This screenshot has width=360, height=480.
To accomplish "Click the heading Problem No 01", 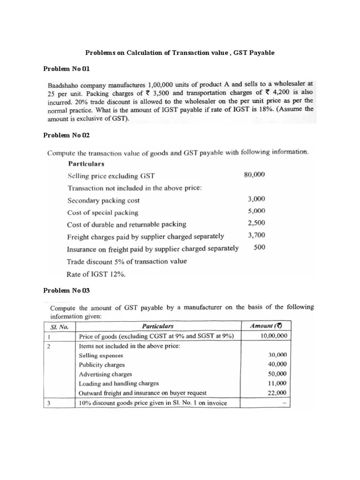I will [66, 69].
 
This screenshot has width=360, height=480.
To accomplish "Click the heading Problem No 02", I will [66, 135].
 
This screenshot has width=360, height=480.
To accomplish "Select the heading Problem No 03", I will [66, 290].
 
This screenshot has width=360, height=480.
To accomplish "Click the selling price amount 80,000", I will [255, 175].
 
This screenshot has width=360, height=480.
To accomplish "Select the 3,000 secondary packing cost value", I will [256, 199].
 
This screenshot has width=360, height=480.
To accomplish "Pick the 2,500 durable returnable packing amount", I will [256, 223].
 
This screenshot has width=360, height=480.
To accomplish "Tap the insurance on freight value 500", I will [259, 247].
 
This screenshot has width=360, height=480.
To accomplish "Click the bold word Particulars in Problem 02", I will [86, 164].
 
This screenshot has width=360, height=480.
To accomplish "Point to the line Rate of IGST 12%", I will [96, 275].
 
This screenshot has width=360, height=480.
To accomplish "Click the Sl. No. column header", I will [60, 326].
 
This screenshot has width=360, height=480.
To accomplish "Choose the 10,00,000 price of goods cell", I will [274, 336].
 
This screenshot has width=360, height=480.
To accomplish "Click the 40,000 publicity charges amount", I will [277, 364].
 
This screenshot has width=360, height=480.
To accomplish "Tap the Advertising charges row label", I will [105, 374].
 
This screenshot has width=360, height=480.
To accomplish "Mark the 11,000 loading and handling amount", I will [277, 383].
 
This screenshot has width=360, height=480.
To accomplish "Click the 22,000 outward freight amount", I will [277, 393].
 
